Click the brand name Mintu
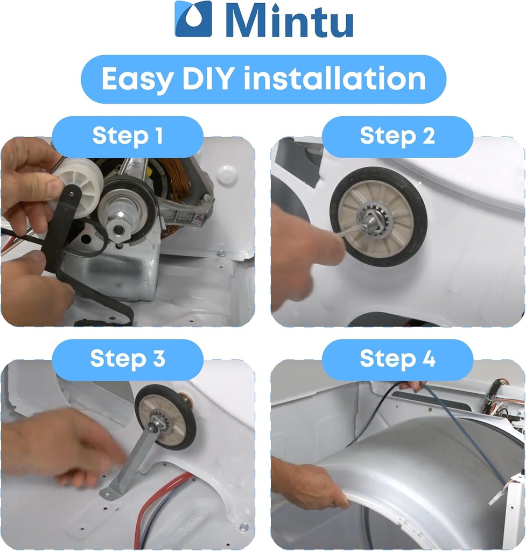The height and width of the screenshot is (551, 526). pyautogui.click(x=289, y=20)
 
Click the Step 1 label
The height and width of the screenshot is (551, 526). pyautogui.click(x=128, y=136)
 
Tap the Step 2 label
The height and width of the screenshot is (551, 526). pyautogui.click(x=397, y=136)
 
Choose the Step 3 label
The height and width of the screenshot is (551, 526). pyautogui.click(x=128, y=359)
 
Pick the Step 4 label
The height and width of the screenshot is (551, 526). pyautogui.click(x=397, y=359)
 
